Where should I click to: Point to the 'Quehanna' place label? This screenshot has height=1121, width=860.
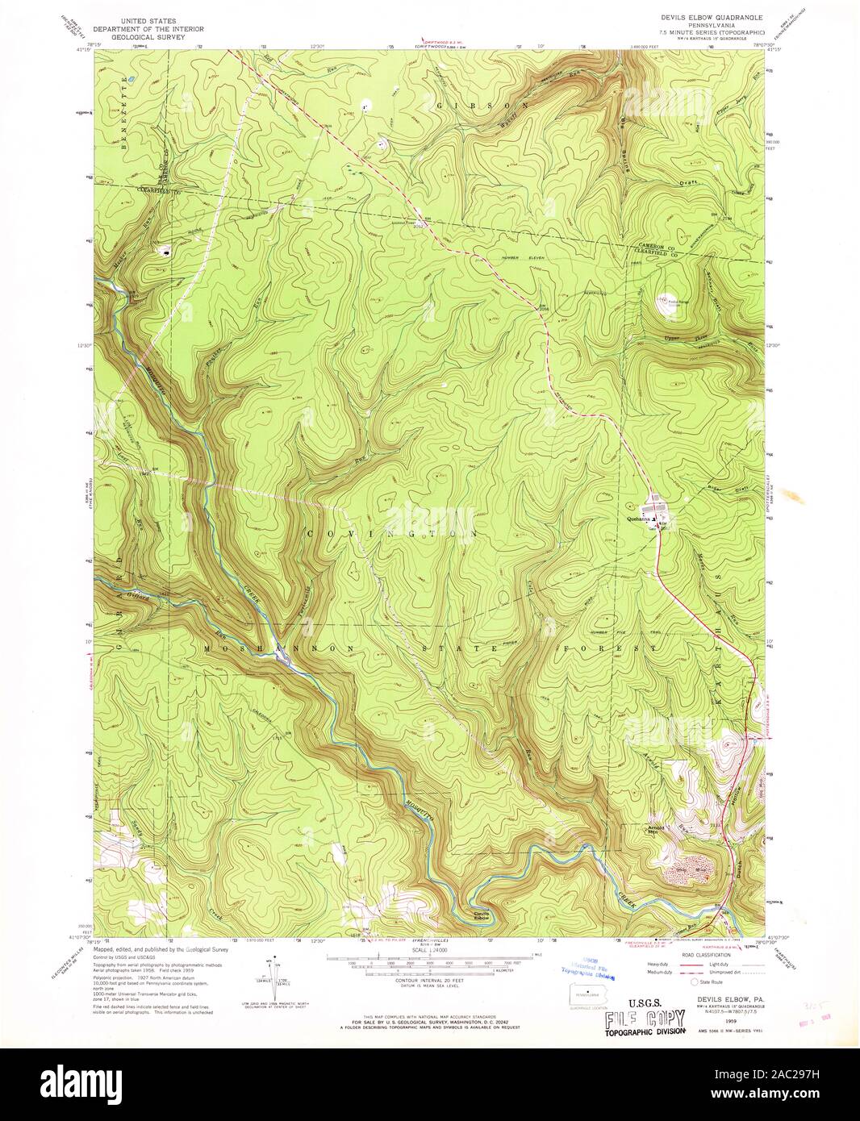(x=640, y=520)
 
